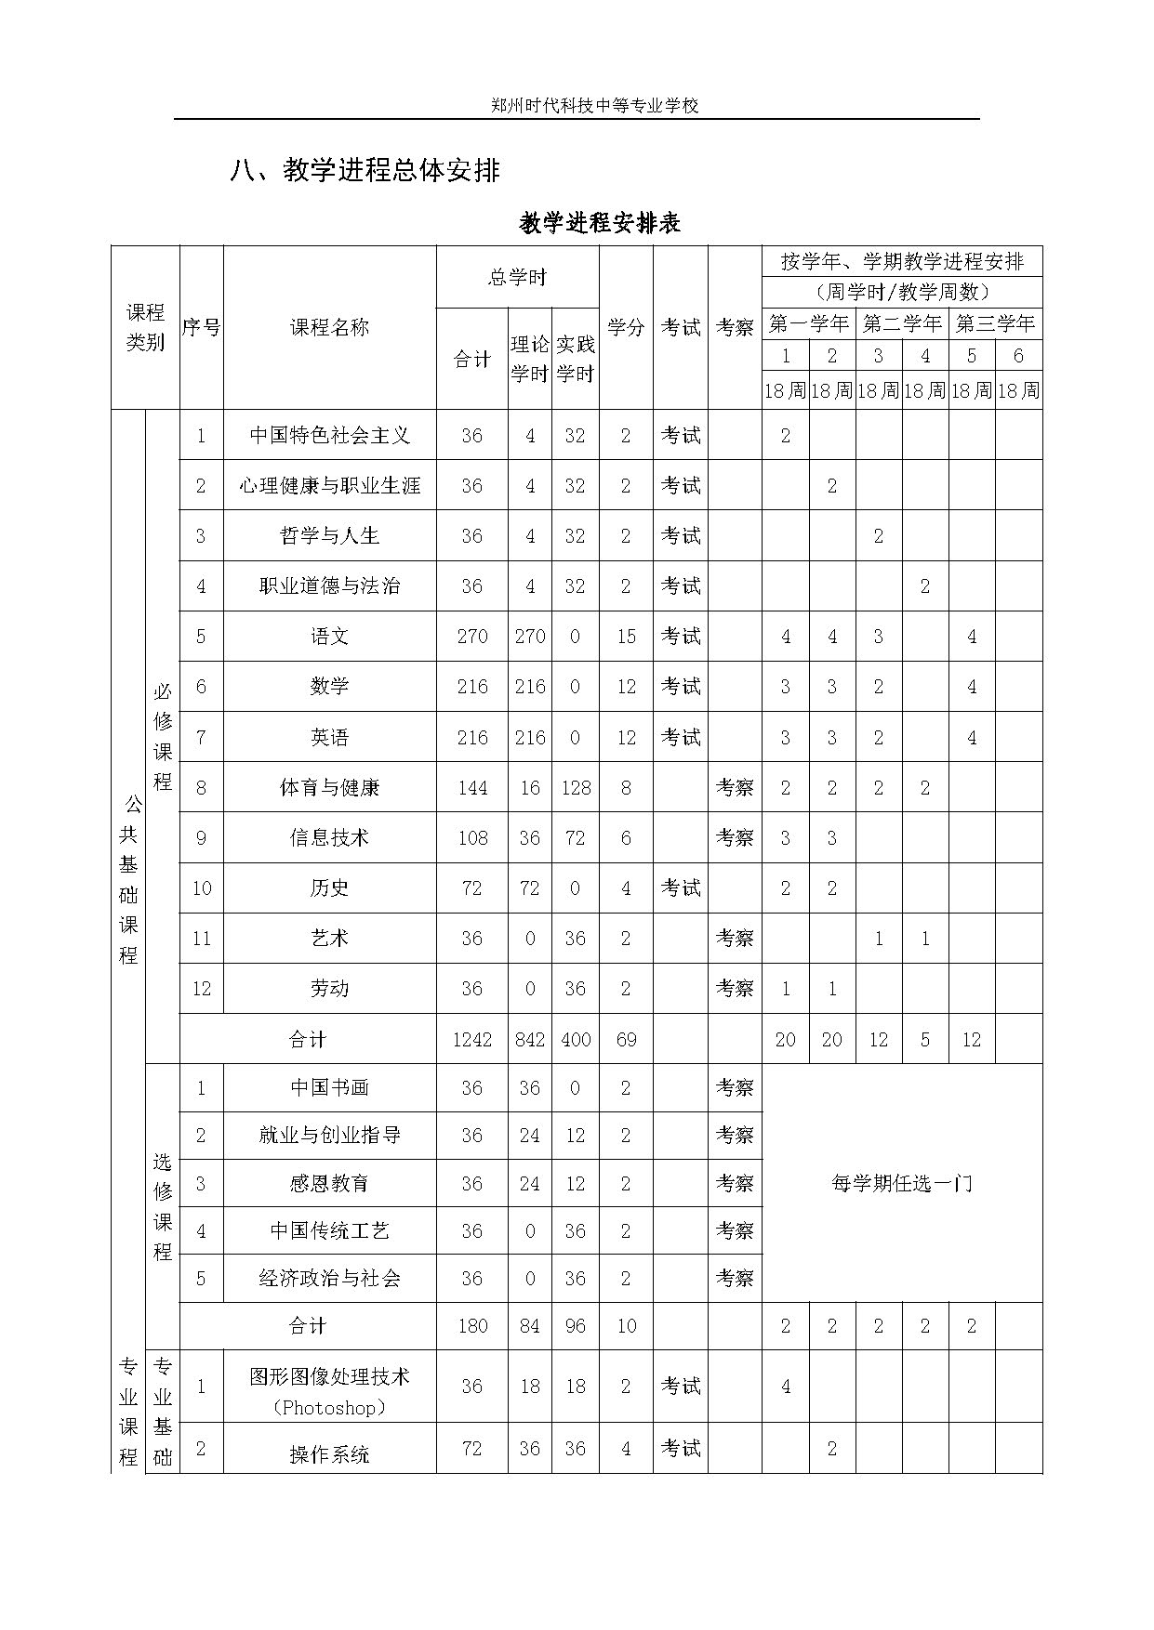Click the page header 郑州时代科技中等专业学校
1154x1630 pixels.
pyautogui.click(x=594, y=106)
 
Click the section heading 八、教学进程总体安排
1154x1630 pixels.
pyautogui.click(x=365, y=171)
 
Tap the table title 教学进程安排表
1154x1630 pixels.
pyautogui.click(x=600, y=224)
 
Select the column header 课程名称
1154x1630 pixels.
pyautogui.click(x=329, y=327)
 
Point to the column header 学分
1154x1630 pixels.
pyautogui.click(x=626, y=327)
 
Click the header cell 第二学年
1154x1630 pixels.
pyautogui.click(x=901, y=324)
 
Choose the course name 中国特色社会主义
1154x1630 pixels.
pyautogui.click(x=329, y=435)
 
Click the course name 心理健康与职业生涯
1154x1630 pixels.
pyautogui.click(x=329, y=485)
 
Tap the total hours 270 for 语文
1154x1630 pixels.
pyautogui.click(x=472, y=637)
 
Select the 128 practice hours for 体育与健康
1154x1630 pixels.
pyautogui.click(x=576, y=788)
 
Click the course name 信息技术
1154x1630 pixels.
pyautogui.click(x=329, y=838)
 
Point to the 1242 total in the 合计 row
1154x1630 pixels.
pyautogui.click(x=472, y=1040)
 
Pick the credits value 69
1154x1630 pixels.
pyautogui.click(x=626, y=1040)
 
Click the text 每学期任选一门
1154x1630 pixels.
pyautogui.click(x=901, y=1183)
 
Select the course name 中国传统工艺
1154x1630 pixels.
pyautogui.click(x=329, y=1231)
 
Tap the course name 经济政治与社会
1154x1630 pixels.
pyautogui.click(x=329, y=1279)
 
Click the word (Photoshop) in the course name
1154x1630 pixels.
pyautogui.click(x=329, y=1408)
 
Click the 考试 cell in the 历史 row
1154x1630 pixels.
pyautogui.click(x=680, y=888)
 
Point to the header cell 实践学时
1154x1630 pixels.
pyautogui.click(x=576, y=360)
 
